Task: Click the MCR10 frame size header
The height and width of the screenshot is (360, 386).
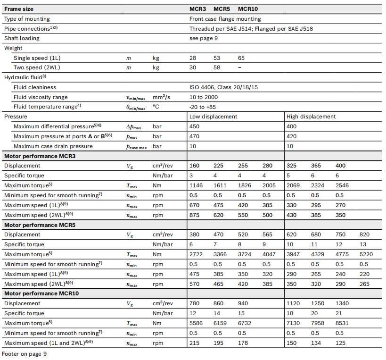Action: (x=248, y=9)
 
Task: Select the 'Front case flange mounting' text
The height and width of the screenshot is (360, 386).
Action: (x=225, y=19)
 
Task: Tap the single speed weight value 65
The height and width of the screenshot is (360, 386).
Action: (x=241, y=58)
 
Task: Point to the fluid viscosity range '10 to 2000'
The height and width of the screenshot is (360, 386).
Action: (x=204, y=97)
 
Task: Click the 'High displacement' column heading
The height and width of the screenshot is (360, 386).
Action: (x=311, y=117)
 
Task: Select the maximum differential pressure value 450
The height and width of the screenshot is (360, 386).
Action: (x=194, y=126)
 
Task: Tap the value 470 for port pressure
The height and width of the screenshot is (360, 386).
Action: (x=194, y=136)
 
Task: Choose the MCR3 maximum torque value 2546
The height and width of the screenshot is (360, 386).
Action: (x=342, y=185)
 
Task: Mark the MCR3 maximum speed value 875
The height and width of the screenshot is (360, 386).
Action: (x=194, y=215)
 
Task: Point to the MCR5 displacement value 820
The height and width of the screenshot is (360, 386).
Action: (x=364, y=234)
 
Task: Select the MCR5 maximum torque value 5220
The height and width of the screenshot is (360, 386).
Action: (x=366, y=254)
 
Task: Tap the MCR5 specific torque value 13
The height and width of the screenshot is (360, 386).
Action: (x=362, y=244)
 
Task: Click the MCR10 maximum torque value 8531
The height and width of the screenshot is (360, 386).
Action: (x=342, y=323)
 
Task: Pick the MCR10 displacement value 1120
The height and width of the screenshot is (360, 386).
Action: (x=293, y=303)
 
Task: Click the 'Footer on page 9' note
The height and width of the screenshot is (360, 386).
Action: (x=24, y=353)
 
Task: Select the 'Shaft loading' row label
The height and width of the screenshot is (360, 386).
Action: (x=22, y=38)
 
